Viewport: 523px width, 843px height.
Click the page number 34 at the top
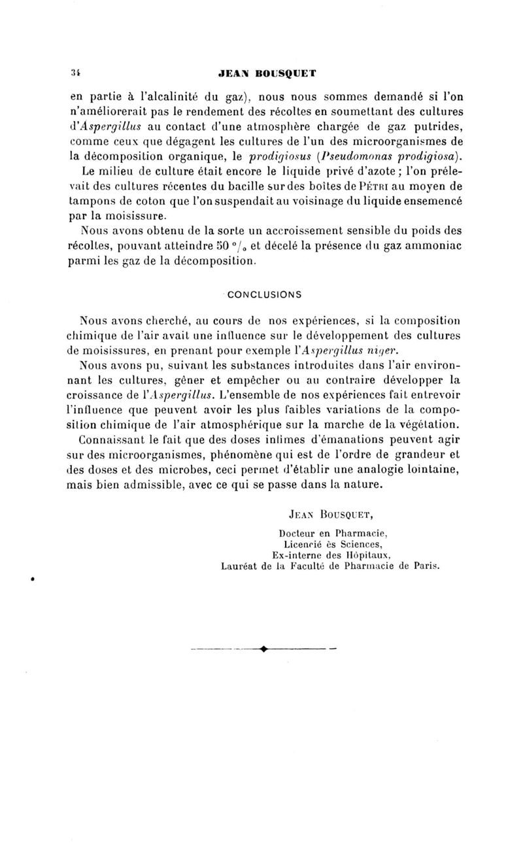tap(75, 74)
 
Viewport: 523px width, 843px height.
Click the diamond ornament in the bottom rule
tap(263, 649)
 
